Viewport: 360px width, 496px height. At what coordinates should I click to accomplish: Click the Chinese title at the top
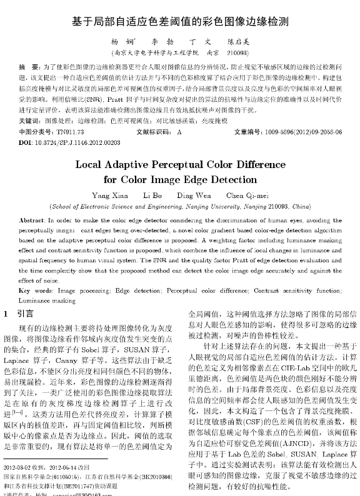pyautogui.click(x=180, y=21)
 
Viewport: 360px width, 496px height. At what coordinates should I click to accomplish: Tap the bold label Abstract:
pyautogui.click(x=31, y=221)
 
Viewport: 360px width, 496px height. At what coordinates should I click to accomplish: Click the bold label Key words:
pyautogui.click(x=35, y=291)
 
